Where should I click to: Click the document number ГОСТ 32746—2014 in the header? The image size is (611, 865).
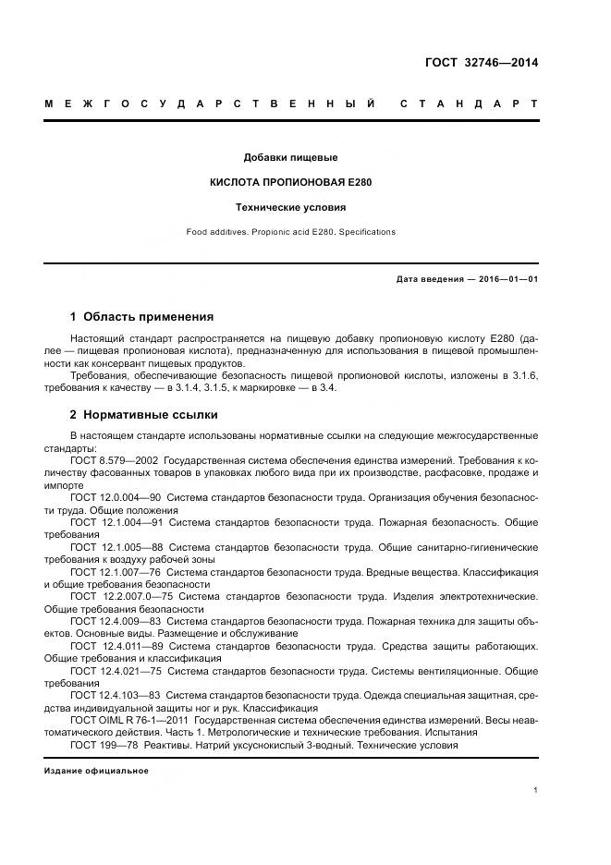point(481,63)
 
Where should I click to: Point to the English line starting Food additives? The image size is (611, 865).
point(290,232)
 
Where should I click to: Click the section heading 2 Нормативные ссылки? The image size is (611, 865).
point(143,415)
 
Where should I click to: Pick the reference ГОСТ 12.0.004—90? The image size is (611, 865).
point(116,497)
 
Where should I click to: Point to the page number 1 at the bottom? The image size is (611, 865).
point(536,790)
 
